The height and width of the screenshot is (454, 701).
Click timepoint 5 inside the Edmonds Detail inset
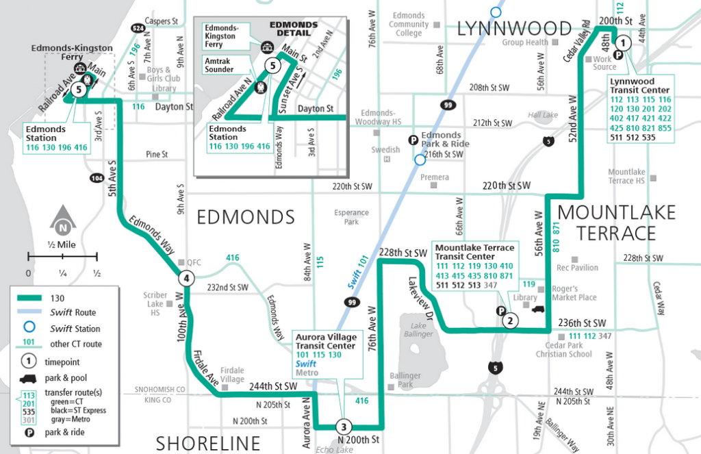click(272, 66)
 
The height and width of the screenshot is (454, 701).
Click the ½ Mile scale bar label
click(62, 244)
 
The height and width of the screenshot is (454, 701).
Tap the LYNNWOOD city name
click(513, 28)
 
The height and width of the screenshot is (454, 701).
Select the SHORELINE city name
click(209, 442)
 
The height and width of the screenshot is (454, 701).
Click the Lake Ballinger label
click(418, 330)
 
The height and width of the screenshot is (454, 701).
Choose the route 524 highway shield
click(138, 28)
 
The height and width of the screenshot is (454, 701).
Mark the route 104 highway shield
click(97, 178)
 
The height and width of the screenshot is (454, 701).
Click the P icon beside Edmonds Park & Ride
click(413, 140)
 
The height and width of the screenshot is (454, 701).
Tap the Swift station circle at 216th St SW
click(418, 160)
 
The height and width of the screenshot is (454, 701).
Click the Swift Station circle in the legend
click(28, 329)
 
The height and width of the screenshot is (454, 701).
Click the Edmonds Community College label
click(409, 24)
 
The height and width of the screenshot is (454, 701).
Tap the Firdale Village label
click(232, 375)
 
